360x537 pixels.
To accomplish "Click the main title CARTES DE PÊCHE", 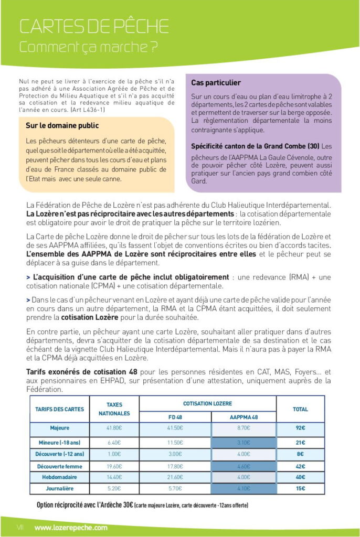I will click(94, 26).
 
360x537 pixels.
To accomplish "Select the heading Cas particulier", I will click(216, 83).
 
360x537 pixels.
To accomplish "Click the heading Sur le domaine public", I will click(62, 126).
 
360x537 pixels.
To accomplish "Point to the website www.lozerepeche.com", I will click(71, 528).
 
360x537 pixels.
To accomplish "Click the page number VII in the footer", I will click(20, 528).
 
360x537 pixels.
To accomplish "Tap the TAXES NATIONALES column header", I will click(114, 409).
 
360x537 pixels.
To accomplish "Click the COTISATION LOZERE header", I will click(207, 404).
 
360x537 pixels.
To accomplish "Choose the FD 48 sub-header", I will click(175, 416).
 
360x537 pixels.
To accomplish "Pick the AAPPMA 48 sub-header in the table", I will click(243, 416).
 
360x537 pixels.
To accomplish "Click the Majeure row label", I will click(59, 428).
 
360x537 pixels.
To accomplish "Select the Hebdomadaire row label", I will click(59, 477).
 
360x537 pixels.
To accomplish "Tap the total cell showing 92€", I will click(300, 428).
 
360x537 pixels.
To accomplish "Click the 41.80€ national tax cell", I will click(114, 428).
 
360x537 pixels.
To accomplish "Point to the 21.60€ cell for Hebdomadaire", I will click(175, 477).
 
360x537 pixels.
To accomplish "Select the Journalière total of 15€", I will click(300, 488).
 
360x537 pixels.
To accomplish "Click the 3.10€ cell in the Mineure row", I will click(243, 442).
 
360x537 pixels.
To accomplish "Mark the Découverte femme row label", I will click(59, 466).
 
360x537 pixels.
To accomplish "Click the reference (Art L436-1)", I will click(86, 110).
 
